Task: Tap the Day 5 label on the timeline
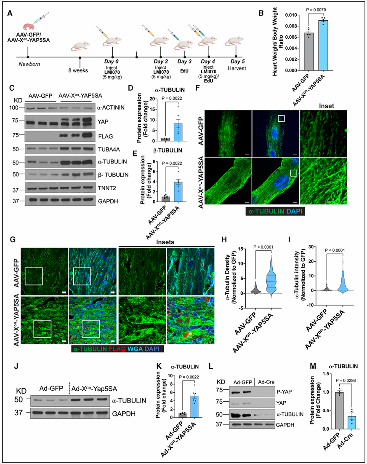point(237,62)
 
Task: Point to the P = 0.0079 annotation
point(316,10)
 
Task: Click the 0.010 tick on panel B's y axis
point(291,15)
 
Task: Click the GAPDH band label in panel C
point(108,201)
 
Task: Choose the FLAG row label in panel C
point(106,137)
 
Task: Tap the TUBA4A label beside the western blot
point(109,150)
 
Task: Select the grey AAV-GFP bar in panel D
point(165,139)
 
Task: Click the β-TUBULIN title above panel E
point(168,150)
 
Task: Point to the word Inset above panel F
point(327,106)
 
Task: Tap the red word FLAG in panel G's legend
point(117,349)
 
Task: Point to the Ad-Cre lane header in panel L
point(266,382)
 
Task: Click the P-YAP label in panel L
point(284,392)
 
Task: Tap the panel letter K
point(159,366)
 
